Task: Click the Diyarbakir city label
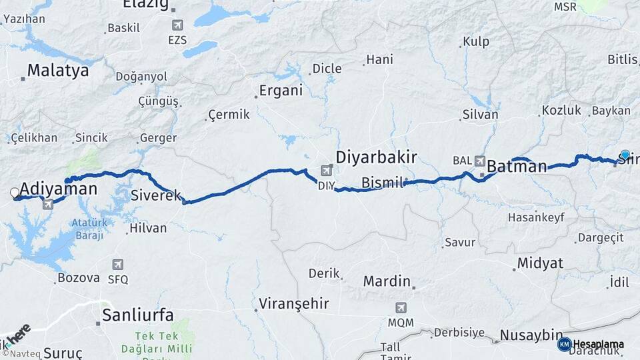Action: tap(376, 158)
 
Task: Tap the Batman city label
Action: tap(517, 166)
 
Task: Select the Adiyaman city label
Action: tap(59, 189)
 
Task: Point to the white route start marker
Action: tap(15, 193)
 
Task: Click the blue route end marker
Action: tap(625, 155)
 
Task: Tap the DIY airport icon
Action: tap(325, 171)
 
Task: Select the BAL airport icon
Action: tap(480, 161)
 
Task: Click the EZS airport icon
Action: tap(177, 25)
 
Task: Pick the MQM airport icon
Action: tap(401, 308)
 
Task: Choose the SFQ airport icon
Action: tap(118, 265)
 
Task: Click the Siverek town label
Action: tap(156, 195)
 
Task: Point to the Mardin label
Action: tap(386, 281)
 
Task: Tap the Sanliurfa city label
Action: tap(137, 315)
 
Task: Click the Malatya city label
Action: tap(57, 71)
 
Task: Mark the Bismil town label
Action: tap(382, 182)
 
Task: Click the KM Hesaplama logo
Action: tap(591, 344)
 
